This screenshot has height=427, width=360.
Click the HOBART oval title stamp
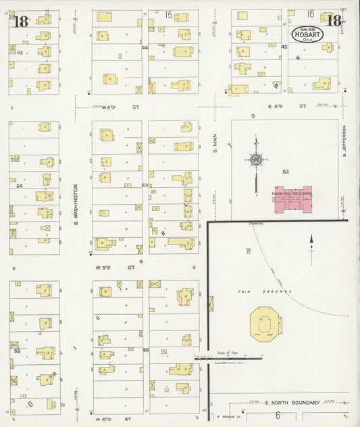307,32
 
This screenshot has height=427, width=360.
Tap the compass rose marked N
256,159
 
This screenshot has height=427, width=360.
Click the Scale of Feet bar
228,357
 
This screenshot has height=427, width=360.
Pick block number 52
286,172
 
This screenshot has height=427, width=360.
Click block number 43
20,52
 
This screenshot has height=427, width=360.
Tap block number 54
20,186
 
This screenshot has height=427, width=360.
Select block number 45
284,47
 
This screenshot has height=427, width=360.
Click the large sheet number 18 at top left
21,21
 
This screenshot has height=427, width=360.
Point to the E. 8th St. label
278,106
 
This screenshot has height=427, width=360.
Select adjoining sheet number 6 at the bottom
277,414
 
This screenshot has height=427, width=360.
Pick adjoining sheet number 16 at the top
310,14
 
